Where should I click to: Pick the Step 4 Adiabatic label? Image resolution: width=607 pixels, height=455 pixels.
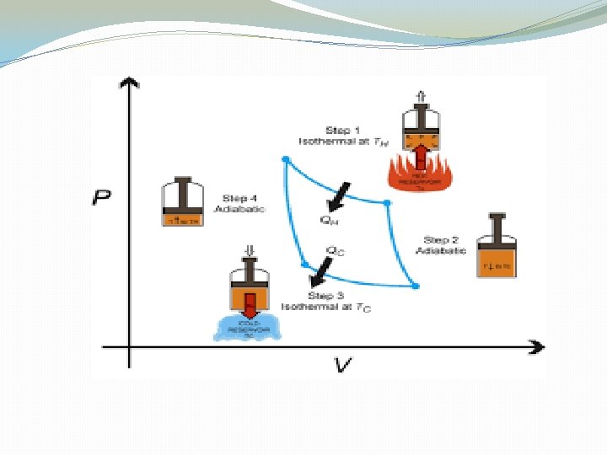pyautogui.click(x=239, y=203)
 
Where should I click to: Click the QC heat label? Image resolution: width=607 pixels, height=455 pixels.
pyautogui.click(x=335, y=249)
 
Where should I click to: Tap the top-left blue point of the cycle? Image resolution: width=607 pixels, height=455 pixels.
pyautogui.click(x=286, y=158)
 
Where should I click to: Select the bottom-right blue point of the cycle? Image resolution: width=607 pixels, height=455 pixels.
pyautogui.click(x=415, y=286)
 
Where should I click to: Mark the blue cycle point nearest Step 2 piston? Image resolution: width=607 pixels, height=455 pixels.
pyautogui.click(x=387, y=202)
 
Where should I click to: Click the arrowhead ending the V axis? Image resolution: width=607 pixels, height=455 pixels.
pyautogui.click(x=535, y=346)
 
